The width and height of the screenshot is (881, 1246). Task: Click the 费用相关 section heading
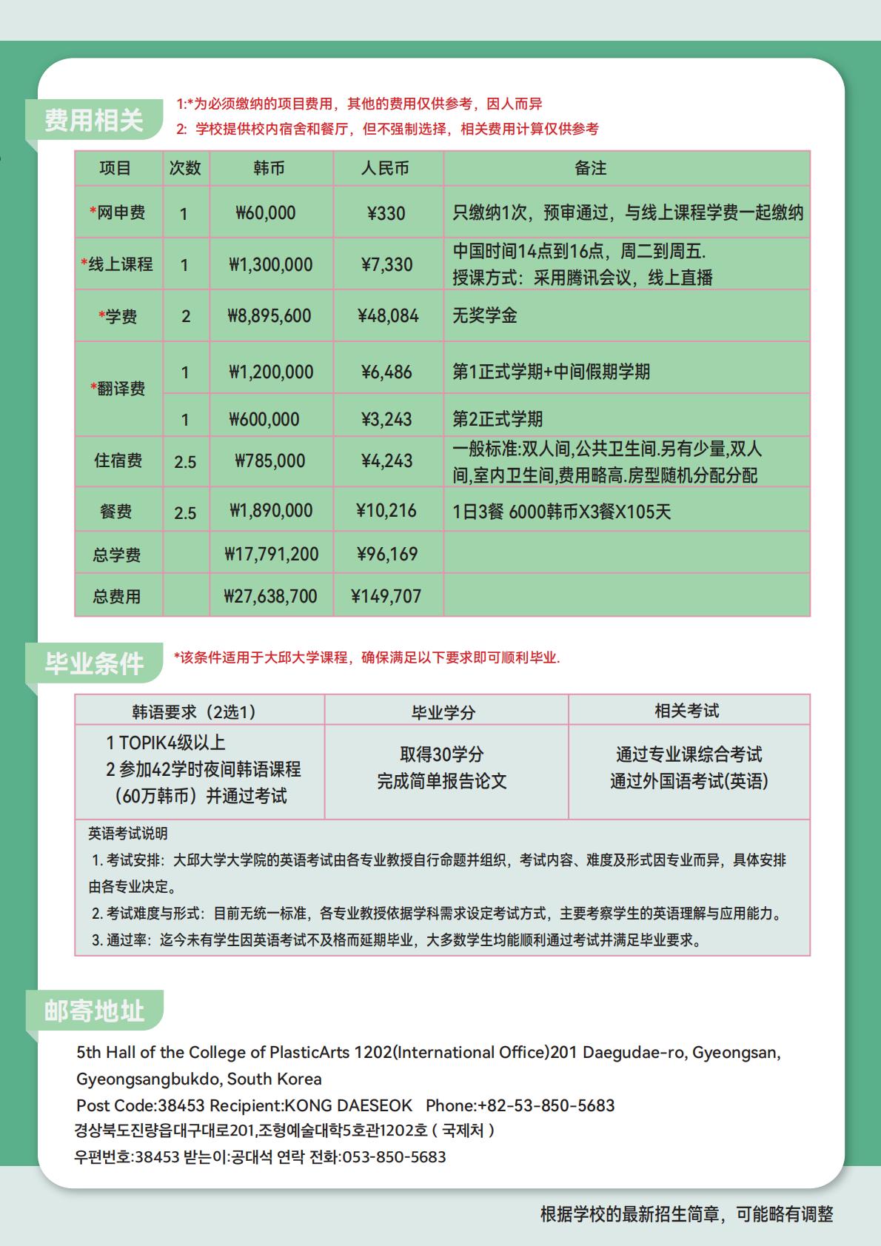point(93,120)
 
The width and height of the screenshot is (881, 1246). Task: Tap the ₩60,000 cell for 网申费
point(266,213)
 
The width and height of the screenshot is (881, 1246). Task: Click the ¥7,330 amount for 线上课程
point(386,264)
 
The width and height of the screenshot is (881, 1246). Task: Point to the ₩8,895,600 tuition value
point(269,316)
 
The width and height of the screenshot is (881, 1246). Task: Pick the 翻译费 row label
point(118,389)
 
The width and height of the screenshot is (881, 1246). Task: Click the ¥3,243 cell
point(386,419)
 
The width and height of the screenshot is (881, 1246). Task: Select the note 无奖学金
point(485,316)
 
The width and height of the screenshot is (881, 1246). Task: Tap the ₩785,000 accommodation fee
point(269,461)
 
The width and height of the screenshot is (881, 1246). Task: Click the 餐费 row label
point(115,512)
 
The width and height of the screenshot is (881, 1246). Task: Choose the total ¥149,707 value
point(386,596)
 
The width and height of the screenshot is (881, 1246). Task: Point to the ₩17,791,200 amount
point(271,554)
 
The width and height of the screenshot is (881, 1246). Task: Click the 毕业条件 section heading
point(93,663)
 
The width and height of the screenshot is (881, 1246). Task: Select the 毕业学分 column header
point(443,712)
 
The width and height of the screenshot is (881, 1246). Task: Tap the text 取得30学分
point(442,754)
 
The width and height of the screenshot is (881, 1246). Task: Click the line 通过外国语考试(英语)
point(689,781)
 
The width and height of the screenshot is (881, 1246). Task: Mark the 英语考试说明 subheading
point(128,834)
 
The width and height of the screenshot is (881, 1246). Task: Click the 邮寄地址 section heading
point(93,1011)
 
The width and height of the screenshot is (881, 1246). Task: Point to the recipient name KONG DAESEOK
point(349,1105)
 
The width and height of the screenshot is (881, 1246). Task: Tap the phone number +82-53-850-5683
point(546,1105)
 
